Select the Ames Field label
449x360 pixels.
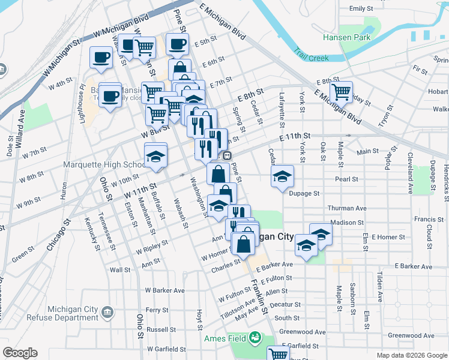click(230, 338)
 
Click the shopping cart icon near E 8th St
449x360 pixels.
click(341, 92)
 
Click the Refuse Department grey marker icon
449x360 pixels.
click(107, 312)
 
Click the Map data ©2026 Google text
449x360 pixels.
click(411, 355)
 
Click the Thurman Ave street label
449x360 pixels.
click(346, 208)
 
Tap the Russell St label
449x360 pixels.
click(161, 329)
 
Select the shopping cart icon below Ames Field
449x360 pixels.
click(278, 354)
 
